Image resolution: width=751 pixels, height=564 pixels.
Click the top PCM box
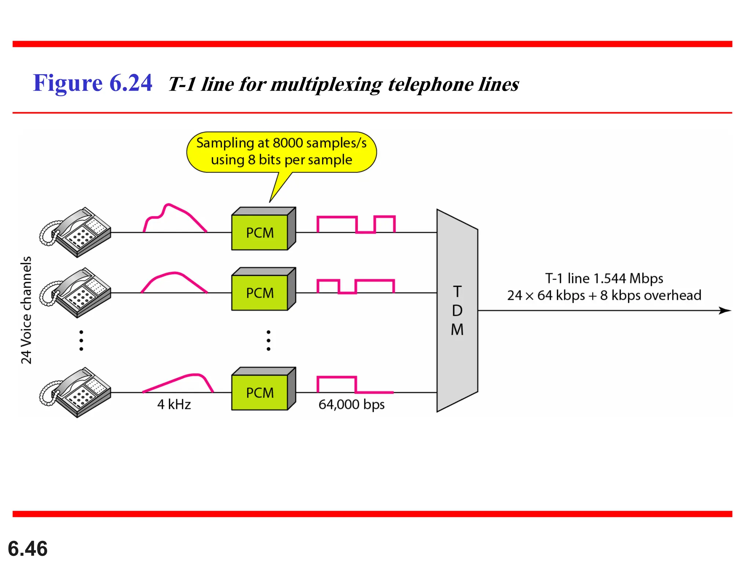[260, 232]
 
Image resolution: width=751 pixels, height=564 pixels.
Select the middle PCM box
[260, 293]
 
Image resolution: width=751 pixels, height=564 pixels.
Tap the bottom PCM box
[260, 392]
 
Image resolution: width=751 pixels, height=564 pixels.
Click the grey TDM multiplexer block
[457, 311]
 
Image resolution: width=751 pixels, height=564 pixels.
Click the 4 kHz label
[174, 404]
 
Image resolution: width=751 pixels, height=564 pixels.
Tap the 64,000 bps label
[351, 404]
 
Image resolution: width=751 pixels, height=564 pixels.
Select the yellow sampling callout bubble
[281, 152]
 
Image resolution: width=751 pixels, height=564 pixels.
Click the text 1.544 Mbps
[628, 278]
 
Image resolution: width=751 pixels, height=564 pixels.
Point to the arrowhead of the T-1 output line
[725, 311]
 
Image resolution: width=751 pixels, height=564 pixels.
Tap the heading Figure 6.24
[92, 83]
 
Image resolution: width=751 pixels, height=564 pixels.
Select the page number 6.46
[28, 549]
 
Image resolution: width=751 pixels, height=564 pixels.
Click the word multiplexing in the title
[326, 84]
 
